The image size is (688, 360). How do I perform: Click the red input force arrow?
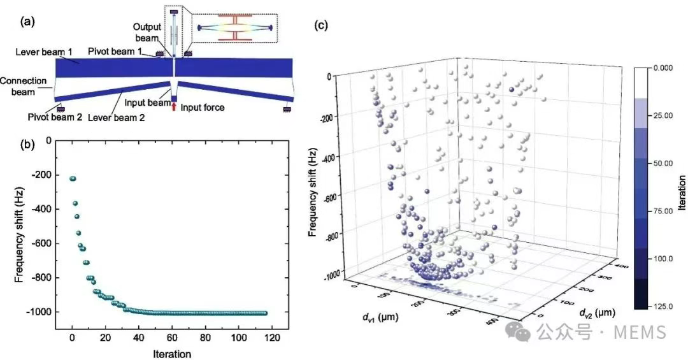[174, 106]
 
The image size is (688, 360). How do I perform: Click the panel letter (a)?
[29, 21]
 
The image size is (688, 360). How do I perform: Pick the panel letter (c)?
[324, 26]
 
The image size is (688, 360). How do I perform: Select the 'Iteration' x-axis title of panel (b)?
[171, 352]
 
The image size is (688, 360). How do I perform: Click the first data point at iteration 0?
[73, 179]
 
